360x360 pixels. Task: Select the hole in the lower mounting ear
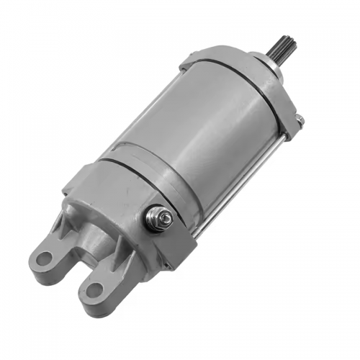point(94,292)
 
